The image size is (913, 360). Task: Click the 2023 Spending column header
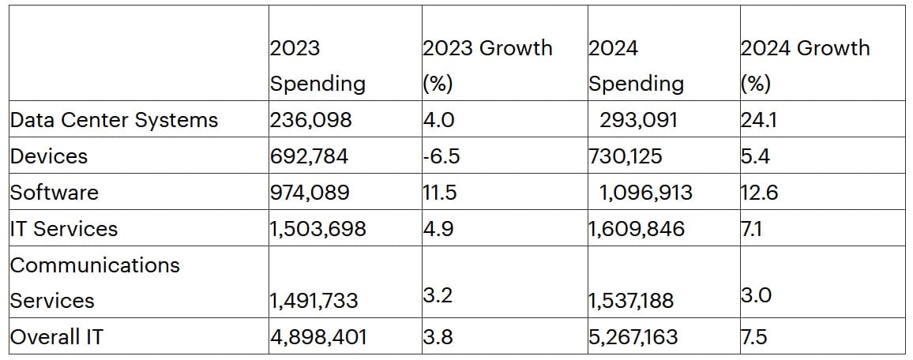317,66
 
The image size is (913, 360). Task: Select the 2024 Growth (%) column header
804,66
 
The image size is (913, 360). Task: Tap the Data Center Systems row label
114,120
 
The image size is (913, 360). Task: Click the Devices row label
48,156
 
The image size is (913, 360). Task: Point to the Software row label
54,193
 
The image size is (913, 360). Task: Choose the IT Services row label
63,229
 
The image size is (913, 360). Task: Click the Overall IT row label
56,337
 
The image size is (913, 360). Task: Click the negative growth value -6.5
441,156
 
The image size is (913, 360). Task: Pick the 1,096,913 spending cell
645,193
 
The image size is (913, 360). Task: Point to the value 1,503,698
317,229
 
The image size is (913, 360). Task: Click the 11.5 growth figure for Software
439,193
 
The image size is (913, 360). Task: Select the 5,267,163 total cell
633,337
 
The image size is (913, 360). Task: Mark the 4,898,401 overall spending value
318,337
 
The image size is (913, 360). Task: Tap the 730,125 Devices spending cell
626,156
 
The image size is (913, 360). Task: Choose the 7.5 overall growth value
754,337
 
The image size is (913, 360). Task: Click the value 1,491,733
314,301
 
